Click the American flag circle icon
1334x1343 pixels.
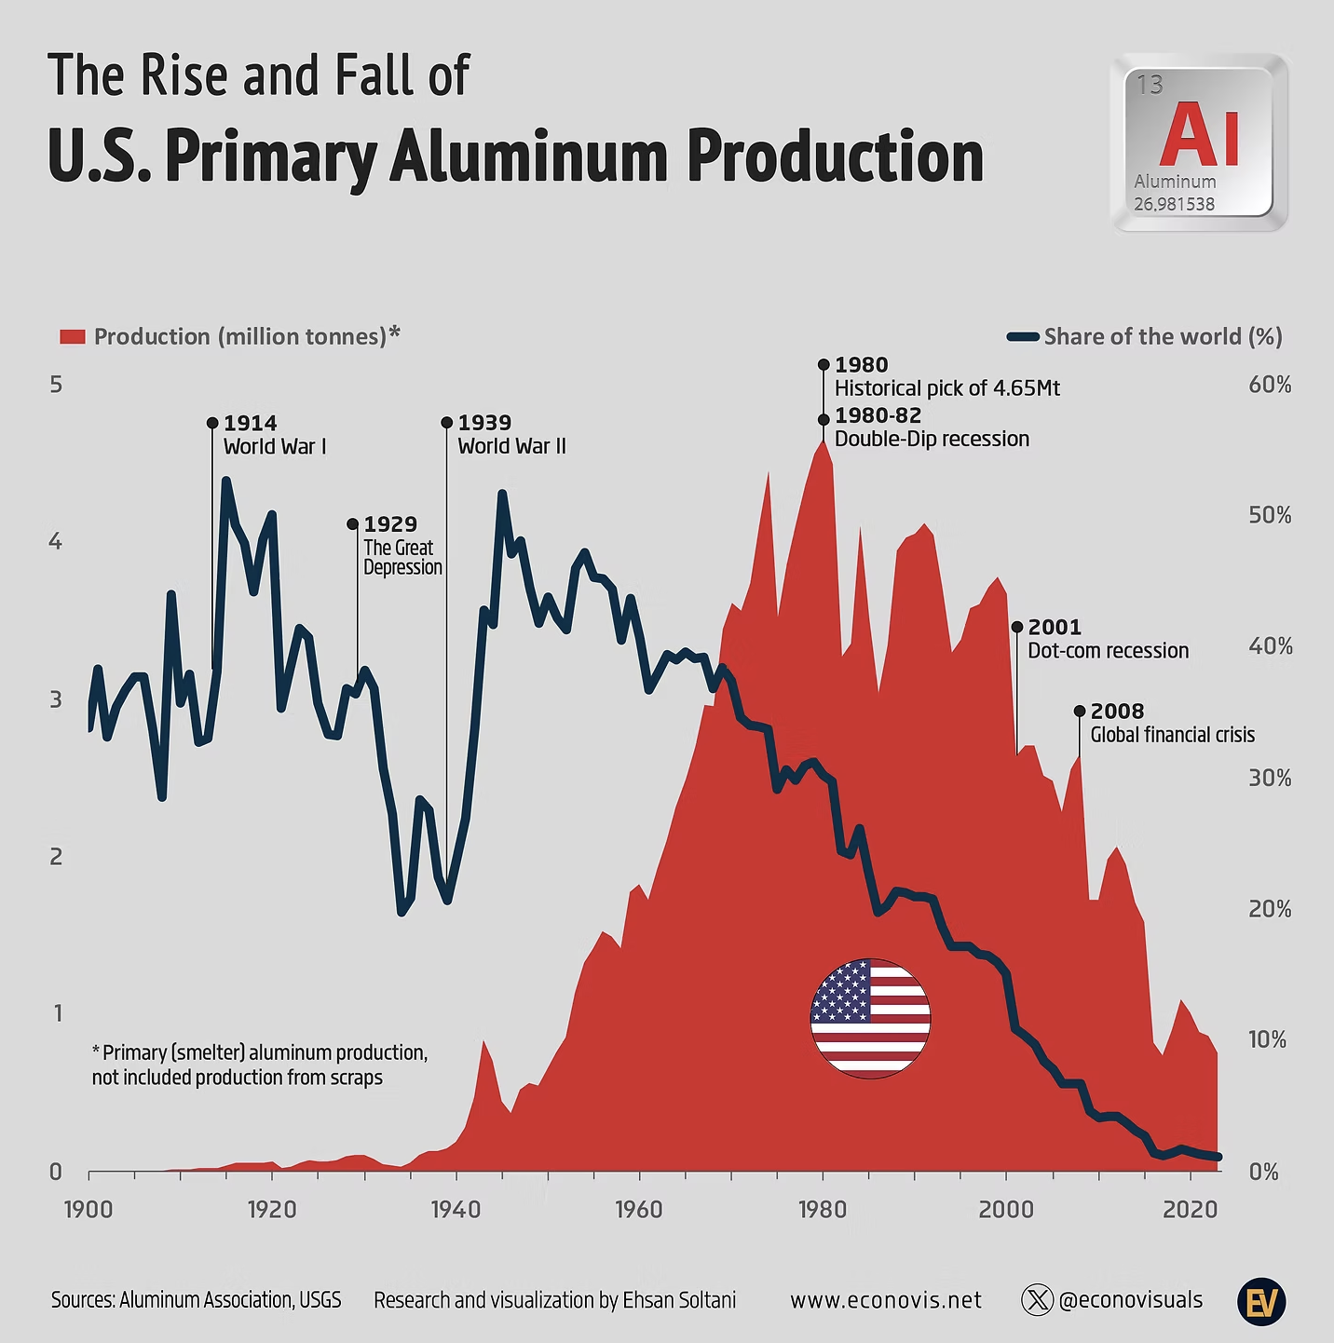coord(870,1018)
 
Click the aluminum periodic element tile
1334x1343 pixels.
coord(1199,142)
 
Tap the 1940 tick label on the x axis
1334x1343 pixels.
coord(456,1209)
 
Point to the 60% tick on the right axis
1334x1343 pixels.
coord(1270,385)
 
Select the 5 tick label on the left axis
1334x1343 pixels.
coord(56,385)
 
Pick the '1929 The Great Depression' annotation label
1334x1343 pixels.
coord(402,546)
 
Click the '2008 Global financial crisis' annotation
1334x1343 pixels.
coord(1172,723)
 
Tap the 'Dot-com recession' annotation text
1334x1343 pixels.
coord(1108,650)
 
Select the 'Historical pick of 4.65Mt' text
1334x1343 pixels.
coord(946,388)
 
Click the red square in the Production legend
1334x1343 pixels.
coord(73,336)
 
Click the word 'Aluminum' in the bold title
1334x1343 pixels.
coord(528,156)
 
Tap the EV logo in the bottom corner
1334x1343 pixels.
coord(1261,1301)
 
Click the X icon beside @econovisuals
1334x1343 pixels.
coord(1037,1299)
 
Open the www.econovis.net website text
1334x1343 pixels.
coord(885,1300)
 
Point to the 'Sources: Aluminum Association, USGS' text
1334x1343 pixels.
coord(196,1300)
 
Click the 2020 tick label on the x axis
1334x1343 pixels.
coord(1191,1209)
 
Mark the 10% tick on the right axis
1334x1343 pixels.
coord(1267,1039)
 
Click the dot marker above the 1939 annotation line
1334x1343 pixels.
coord(447,423)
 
